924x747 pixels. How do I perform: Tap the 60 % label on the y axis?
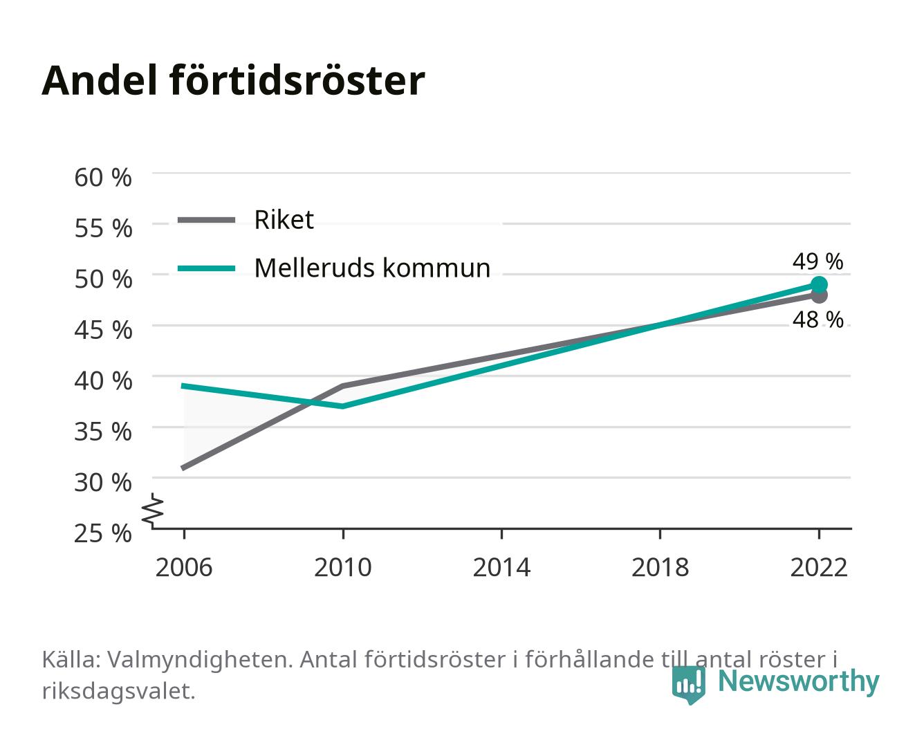click(103, 178)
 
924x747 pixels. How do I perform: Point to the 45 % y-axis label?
click(103, 330)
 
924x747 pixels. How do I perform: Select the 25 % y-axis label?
click(103, 533)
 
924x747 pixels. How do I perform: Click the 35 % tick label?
click(103, 432)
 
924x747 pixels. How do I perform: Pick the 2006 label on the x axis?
click(184, 567)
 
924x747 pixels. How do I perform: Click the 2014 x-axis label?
click(501, 567)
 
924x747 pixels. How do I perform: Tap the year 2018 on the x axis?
click(660, 567)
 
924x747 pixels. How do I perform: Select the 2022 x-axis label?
click(819, 567)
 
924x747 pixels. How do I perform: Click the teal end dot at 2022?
click(819, 285)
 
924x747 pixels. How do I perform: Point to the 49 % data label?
click(817, 261)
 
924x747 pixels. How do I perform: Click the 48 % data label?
click(817, 320)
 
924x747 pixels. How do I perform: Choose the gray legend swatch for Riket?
click(207, 221)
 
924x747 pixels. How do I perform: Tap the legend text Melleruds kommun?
click(372, 268)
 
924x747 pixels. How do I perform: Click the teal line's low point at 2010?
click(343, 406)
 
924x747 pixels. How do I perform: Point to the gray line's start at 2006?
click(184, 468)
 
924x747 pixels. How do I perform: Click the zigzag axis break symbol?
click(153, 510)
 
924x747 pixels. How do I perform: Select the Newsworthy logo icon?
click(688, 685)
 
